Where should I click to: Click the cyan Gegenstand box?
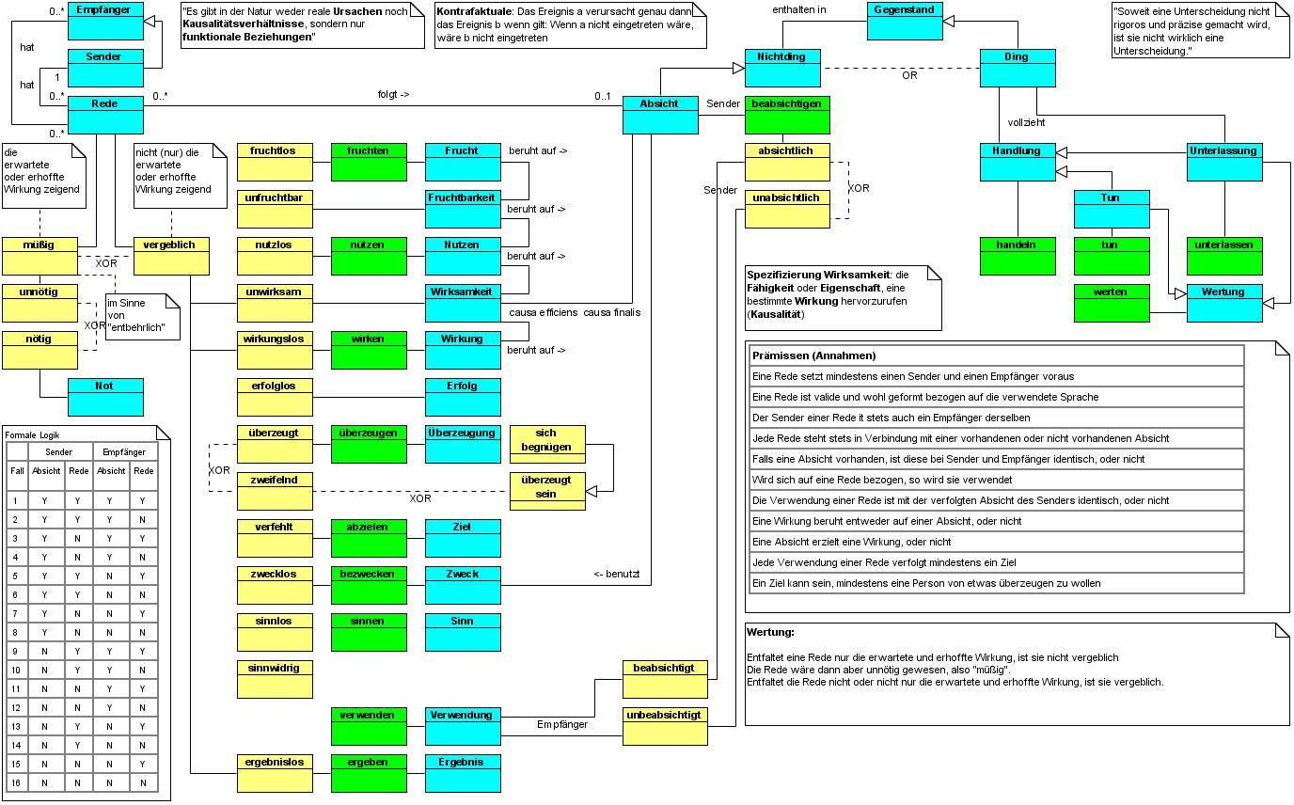(x=904, y=21)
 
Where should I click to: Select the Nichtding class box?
(x=782, y=68)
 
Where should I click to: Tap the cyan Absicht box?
(x=660, y=115)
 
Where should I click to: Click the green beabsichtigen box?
(x=788, y=115)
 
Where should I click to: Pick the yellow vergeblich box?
(x=171, y=256)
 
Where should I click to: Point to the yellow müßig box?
(x=39, y=256)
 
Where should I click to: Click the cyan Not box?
(x=105, y=397)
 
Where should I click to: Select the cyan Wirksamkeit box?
(x=463, y=303)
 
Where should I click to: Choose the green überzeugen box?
(x=369, y=444)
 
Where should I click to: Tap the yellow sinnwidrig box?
(x=275, y=679)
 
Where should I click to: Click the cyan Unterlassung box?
(x=1224, y=162)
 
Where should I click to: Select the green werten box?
(x=1112, y=303)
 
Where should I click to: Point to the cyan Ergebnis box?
(x=463, y=773)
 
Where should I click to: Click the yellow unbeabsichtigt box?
(x=666, y=726)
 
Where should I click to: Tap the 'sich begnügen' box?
(x=547, y=444)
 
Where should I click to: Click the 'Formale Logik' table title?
(x=33, y=434)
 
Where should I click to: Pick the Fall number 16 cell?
(x=16, y=782)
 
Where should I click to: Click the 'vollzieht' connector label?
(x=1026, y=122)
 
